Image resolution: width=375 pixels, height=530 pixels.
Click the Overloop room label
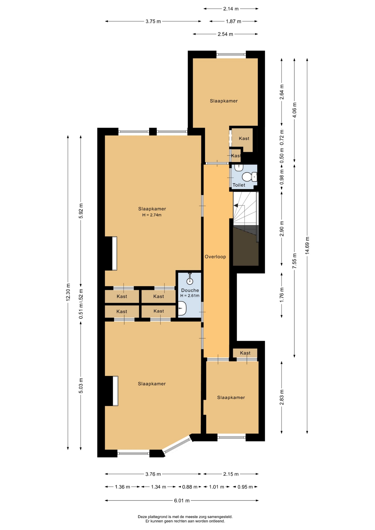(x=215, y=257)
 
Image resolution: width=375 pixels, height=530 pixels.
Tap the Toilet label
(x=239, y=185)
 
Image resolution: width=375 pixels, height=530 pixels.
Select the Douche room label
(x=190, y=290)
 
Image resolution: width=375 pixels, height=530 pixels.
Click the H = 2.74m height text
(x=152, y=215)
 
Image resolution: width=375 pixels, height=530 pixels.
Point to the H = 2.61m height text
(x=190, y=296)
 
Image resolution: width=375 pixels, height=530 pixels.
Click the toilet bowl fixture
(x=248, y=177)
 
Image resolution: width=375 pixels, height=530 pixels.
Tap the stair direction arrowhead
(x=236, y=205)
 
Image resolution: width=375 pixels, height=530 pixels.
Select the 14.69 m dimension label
(x=307, y=246)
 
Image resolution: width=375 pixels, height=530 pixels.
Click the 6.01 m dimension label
(x=182, y=500)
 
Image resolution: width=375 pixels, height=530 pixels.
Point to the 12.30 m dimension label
(x=68, y=292)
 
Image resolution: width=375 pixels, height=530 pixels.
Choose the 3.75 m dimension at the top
(x=153, y=21)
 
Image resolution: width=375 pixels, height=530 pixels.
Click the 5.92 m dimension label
(x=81, y=211)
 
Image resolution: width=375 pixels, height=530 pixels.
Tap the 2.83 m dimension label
(x=282, y=397)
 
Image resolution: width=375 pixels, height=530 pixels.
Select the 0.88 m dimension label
(x=190, y=487)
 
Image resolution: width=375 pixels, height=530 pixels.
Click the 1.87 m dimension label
(x=234, y=21)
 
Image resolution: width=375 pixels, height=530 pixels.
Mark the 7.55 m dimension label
(x=295, y=261)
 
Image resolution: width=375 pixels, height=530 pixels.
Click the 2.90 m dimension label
(x=282, y=229)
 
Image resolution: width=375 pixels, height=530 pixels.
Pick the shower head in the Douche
(x=190, y=279)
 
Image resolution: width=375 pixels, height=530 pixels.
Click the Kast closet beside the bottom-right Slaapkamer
(x=245, y=353)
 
